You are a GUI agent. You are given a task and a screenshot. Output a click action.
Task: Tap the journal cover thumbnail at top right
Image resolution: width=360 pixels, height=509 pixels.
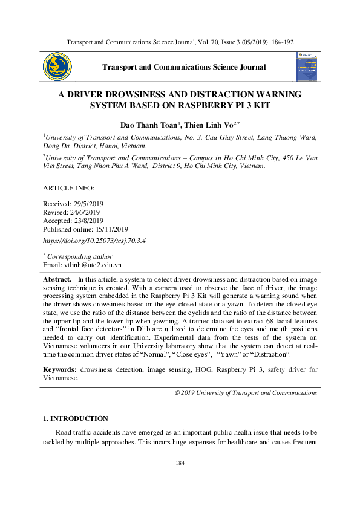click(306, 66)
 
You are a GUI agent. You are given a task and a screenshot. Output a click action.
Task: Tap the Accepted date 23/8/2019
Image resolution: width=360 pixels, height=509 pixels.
click(89, 221)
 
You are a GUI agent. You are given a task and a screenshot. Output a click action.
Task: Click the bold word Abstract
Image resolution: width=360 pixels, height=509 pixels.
click(57, 280)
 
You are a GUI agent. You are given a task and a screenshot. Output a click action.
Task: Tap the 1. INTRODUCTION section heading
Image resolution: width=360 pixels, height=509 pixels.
click(75, 418)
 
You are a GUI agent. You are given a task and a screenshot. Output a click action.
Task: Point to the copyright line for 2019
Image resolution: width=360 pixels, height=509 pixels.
click(245, 392)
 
